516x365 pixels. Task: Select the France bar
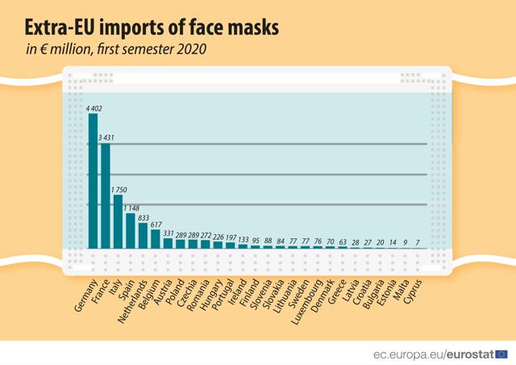tap(106, 195)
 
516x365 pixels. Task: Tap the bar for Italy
tap(118, 221)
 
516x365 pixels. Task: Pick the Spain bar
tap(131, 230)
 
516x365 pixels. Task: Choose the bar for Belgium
tap(156, 238)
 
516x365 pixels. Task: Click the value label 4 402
tap(94, 108)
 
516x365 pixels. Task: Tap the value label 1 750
tap(119, 190)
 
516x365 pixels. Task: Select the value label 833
tap(144, 217)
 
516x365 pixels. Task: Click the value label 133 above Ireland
tap(243, 240)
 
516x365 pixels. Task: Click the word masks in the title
tap(244, 27)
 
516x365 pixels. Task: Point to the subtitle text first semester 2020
tap(152, 49)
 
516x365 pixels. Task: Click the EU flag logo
tap(501, 354)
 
